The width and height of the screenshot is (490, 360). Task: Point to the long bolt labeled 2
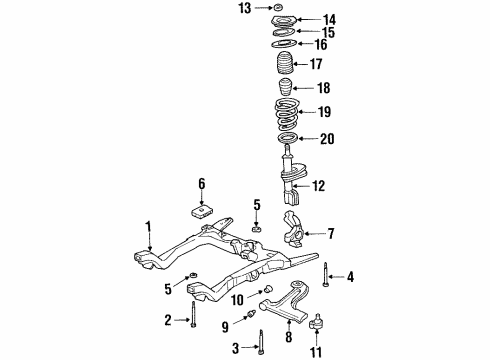[191, 305]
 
